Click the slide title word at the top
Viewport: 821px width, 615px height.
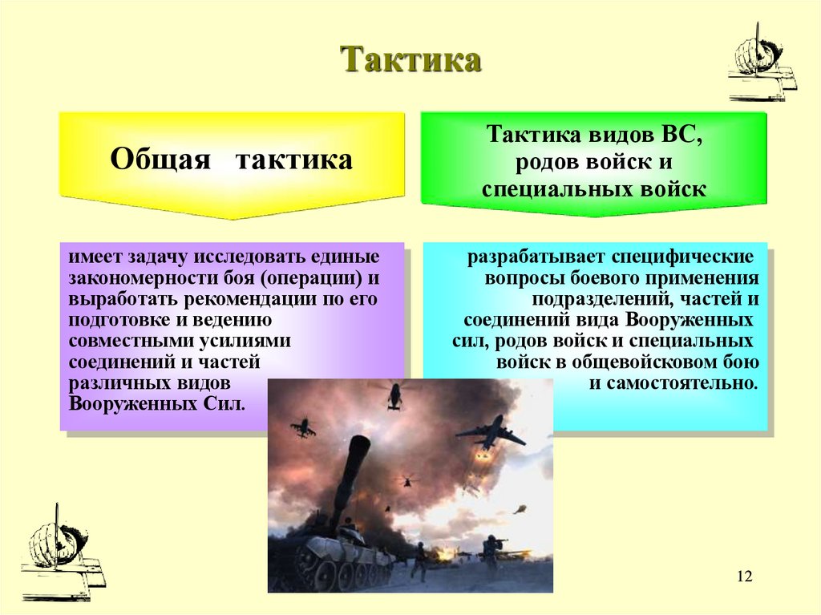410,62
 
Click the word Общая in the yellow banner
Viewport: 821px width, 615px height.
160,159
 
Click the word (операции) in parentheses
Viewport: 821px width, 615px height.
313,278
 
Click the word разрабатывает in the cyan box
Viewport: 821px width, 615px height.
536,258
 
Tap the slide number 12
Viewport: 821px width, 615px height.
744,577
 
